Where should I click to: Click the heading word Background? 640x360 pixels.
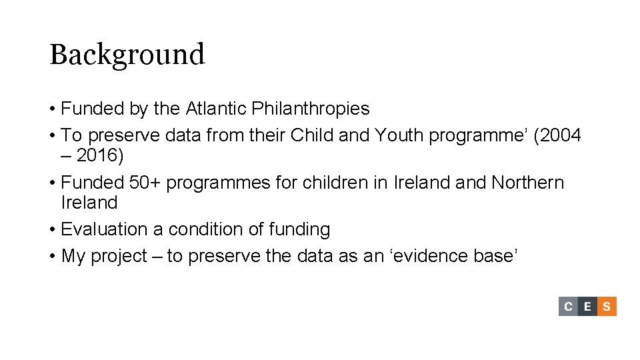pos(127,55)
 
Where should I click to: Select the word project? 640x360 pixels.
pos(119,257)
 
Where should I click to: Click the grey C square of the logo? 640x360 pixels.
pos(568,307)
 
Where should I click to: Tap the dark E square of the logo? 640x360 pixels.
pos(587,307)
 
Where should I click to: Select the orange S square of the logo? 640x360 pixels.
pos(607,307)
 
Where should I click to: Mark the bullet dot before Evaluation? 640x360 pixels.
pos(52,230)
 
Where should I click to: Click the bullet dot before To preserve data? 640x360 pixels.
pos(52,136)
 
